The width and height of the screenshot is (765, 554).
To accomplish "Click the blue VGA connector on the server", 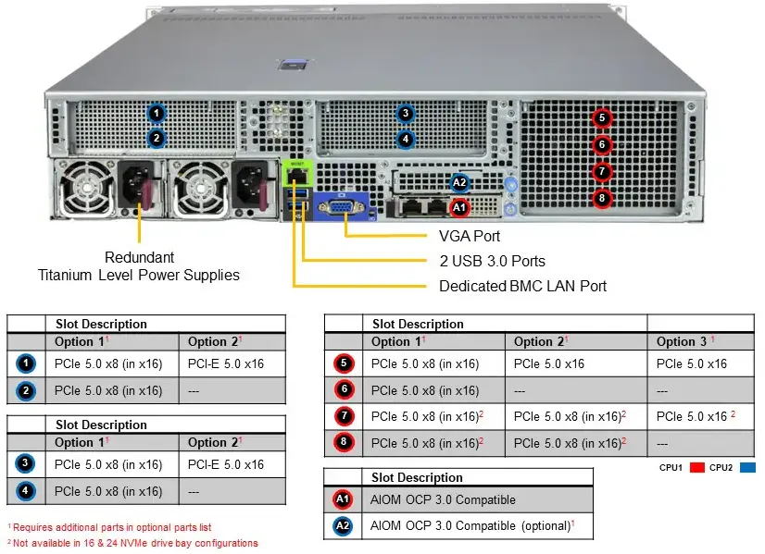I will [x=341, y=207].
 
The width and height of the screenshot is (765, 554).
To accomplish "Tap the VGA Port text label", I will [x=470, y=237].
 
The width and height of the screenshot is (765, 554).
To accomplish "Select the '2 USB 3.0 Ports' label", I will [x=492, y=261].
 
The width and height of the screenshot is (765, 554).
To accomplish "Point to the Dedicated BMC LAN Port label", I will [x=522, y=286].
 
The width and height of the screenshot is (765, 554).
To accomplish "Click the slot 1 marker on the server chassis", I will [x=157, y=114].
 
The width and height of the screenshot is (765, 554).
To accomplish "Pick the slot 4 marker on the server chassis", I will [x=405, y=139].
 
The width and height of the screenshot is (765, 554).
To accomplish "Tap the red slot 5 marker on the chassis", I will [x=602, y=117].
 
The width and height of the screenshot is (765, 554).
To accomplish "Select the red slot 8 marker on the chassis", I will [x=602, y=197].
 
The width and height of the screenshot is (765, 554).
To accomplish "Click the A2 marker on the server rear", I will [x=459, y=183].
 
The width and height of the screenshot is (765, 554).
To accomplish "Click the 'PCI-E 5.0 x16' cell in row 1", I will [x=226, y=363].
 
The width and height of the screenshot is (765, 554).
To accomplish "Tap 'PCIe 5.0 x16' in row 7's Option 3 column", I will [x=692, y=416].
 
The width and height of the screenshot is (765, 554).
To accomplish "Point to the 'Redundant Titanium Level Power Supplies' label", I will [x=139, y=265].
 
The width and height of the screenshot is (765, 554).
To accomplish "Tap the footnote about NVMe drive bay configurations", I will [x=132, y=543].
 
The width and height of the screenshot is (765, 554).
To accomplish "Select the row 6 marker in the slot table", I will [x=344, y=390].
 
